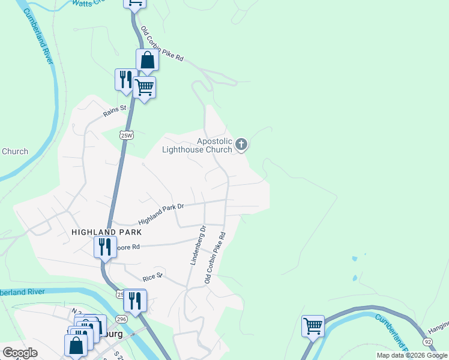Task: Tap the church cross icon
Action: point(241,144)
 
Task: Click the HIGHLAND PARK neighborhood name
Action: point(106,232)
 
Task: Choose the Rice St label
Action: point(152,277)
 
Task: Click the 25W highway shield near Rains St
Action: point(126,135)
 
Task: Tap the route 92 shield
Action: point(427,341)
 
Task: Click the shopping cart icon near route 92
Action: point(313,326)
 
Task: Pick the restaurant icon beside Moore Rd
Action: point(105,246)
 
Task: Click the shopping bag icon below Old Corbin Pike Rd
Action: point(147,60)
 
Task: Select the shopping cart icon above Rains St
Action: point(144,88)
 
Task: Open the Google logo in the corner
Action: point(20,353)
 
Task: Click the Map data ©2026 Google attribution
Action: point(412,355)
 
